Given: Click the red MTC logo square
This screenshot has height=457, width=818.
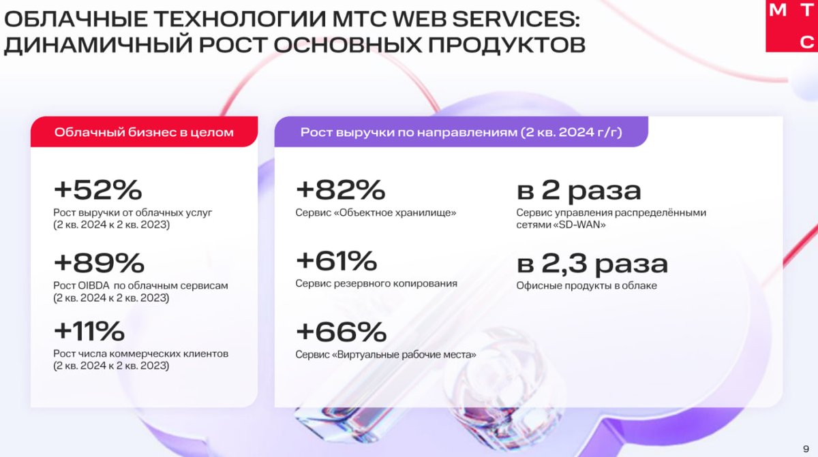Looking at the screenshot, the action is point(791,25).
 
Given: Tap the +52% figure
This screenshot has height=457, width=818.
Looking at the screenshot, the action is point(98,189).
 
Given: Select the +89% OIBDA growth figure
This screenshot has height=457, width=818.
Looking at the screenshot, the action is point(99,263).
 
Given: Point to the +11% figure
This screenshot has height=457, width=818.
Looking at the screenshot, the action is point(89,331).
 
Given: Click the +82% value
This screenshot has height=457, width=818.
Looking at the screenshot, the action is point(340,189).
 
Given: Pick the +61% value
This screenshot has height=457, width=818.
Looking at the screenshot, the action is point(336,261).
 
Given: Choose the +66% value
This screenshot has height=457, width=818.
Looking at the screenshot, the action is point(341,332).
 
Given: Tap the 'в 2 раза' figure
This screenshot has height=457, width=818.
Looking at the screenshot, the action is point(579,191).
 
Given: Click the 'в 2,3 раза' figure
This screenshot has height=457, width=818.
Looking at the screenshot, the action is point(592,264).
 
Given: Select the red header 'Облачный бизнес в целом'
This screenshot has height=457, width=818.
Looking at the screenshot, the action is point(144,132).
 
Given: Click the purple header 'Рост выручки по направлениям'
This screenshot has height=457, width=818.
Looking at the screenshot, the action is point(461,132).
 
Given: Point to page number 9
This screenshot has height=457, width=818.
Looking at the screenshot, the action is point(806,449).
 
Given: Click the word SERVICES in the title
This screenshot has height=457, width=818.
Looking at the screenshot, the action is point(515,19).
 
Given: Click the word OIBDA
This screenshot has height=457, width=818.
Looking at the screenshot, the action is point(94,285).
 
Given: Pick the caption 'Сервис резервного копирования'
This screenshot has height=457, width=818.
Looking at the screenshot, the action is point(376,283).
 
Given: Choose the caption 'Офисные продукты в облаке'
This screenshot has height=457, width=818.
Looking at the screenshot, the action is point(586,285).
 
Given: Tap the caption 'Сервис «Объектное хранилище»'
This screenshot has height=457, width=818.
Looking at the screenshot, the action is point(376,212).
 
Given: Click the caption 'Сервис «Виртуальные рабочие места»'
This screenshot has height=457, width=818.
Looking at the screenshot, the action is point(386,355).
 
